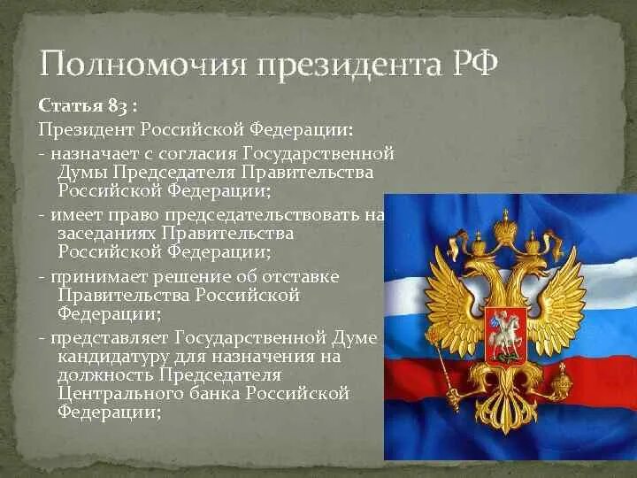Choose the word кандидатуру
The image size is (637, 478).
tap(111, 356)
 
